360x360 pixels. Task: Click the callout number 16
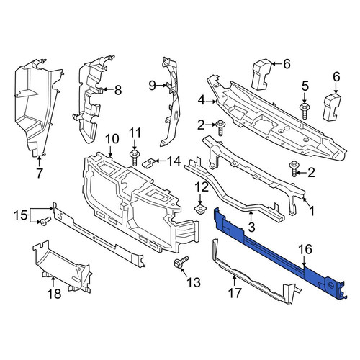point(305,250)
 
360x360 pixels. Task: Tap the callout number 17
point(234,293)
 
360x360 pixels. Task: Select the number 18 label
point(54,294)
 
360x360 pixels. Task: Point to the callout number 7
point(39,173)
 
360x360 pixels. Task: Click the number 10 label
point(112,138)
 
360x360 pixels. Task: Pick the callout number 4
point(202,101)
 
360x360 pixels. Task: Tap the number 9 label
point(153,85)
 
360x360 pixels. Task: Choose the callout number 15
point(21,215)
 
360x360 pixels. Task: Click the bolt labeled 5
point(305,111)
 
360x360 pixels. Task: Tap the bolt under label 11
point(134,158)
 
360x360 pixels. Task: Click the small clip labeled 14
point(150,163)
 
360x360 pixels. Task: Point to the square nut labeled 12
point(200,209)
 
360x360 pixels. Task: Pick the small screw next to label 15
point(45,221)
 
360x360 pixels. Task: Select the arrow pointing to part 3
point(251,217)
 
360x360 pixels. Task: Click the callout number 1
point(311,211)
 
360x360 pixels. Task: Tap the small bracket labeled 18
point(62,266)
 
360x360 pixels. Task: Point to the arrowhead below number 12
point(200,202)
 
